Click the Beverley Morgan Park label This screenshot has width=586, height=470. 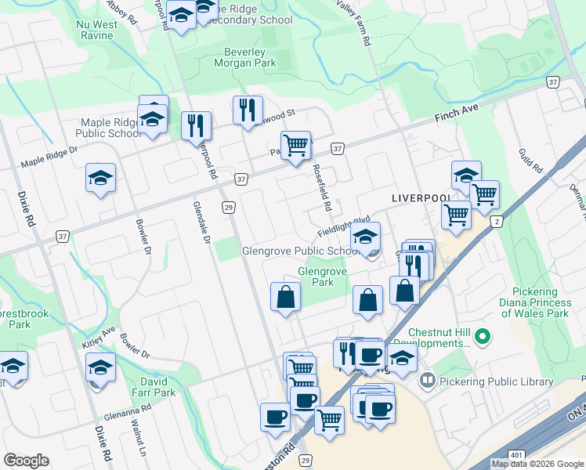click(x=245, y=57)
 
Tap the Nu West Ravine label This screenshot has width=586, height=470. click(x=97, y=30)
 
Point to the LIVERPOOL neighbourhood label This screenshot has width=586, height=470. click(x=421, y=200)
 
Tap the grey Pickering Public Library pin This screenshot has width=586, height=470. click(x=428, y=382)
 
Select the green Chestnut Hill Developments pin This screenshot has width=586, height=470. click(x=483, y=338)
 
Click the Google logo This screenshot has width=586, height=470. click(x=26, y=461)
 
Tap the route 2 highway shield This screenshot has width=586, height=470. click(x=495, y=222)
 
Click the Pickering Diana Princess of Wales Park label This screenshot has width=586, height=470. click(x=537, y=302)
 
